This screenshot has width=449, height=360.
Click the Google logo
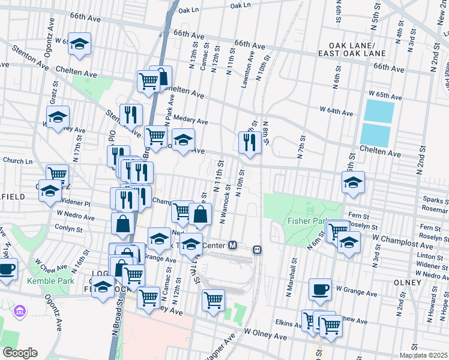coord(20,353)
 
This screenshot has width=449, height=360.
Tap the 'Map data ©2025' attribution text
coord(424,353)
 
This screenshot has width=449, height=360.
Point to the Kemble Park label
coord(47,281)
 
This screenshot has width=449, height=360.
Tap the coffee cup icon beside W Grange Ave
coord(320,289)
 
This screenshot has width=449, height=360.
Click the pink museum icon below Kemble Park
coord(20,311)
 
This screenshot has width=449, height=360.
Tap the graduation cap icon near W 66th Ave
coord(79,44)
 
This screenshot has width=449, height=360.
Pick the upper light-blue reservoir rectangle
coord(378,110)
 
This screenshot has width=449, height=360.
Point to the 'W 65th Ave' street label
coord(385,95)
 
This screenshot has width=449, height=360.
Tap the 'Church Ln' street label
coord(17,161)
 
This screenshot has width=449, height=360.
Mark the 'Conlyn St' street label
coord(68,229)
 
